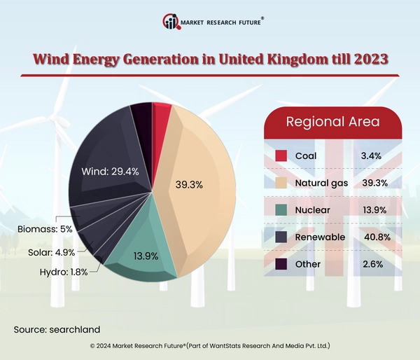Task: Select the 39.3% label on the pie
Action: coord(188,185)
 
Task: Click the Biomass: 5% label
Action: coord(45,228)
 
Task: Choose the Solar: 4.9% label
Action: coord(50,251)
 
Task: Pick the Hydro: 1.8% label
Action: coord(63,272)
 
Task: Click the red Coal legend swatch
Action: coord(281,155)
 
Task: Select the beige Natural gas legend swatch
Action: coord(281,183)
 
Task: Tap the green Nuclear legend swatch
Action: coord(281,210)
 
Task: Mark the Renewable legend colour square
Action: coord(281,237)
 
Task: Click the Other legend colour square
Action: coord(281,264)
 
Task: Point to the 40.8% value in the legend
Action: coord(373,237)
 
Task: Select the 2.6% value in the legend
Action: coord(371,264)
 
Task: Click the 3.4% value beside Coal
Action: coord(371,155)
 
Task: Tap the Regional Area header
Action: coord(332,122)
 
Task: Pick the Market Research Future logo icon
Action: coord(170,21)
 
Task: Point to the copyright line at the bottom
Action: coord(210,346)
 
